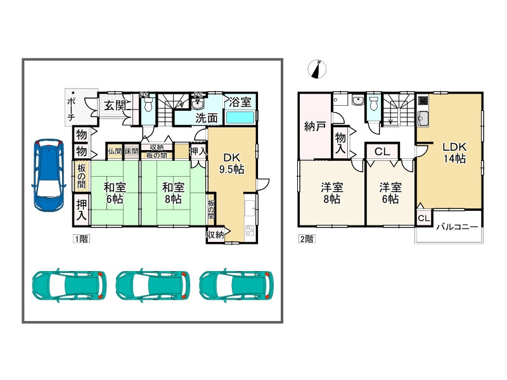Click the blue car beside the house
click(x=48, y=175)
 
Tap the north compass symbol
click(x=317, y=69)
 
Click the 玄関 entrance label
click(x=115, y=106)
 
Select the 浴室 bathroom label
click(x=240, y=103)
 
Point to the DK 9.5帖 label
click(x=232, y=163)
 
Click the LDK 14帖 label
click(x=454, y=153)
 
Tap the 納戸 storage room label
click(x=314, y=126)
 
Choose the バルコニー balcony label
click(x=457, y=227)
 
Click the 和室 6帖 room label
click(x=115, y=193)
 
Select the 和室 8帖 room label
click(x=173, y=193)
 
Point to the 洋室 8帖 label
click(x=331, y=193)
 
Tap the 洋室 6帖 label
click(x=390, y=193)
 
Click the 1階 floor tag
click(x=81, y=239)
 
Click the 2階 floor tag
click(x=307, y=239)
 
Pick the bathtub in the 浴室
click(x=240, y=117)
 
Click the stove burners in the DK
click(x=250, y=230)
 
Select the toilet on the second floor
click(x=374, y=103)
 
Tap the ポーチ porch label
click(x=71, y=109)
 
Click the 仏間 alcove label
click(x=115, y=151)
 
